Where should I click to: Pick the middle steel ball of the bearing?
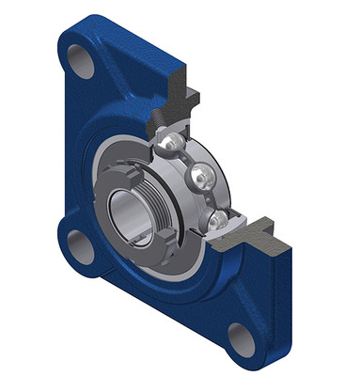[x=200, y=175]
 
